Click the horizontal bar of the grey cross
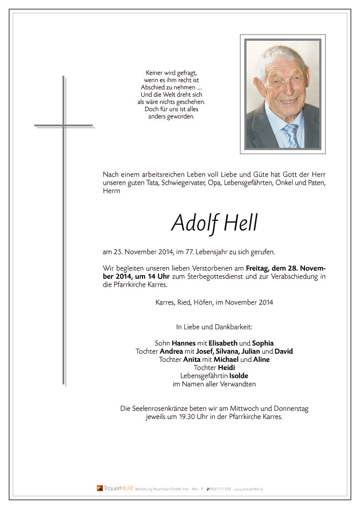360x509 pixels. tap(64, 125)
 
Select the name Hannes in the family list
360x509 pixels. tap(184, 343)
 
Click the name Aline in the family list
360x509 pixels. tap(261, 359)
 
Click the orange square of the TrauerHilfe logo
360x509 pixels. tap(100, 488)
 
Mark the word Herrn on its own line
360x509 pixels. tap(112, 190)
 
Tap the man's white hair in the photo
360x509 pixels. tap(278, 56)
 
